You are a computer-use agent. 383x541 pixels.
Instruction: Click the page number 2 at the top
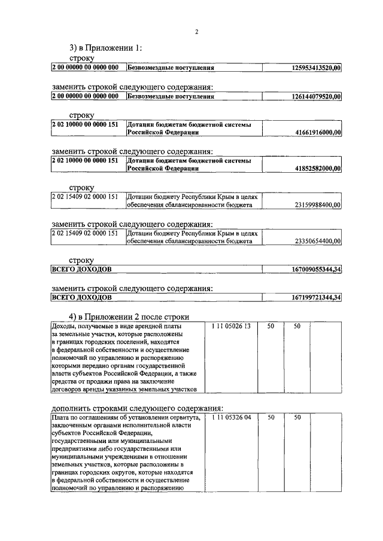[196, 32]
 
